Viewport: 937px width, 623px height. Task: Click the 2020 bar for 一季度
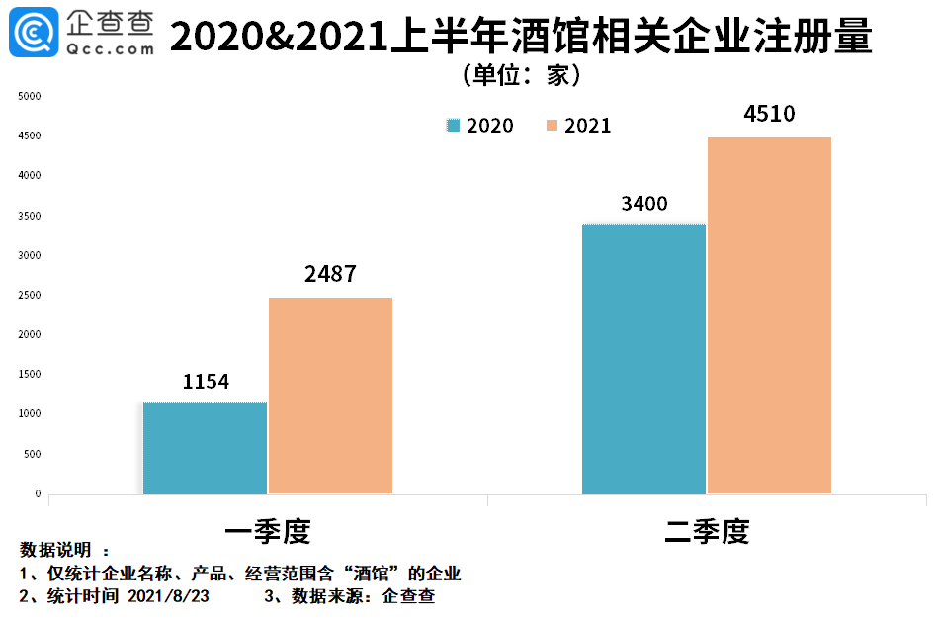205,448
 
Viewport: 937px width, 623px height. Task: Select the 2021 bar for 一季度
330,396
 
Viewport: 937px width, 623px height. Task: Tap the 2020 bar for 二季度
643,359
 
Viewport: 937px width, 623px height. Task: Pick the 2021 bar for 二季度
769,315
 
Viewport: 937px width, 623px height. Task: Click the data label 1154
206,382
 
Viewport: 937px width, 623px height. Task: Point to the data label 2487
330,275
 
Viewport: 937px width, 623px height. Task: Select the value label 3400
644,204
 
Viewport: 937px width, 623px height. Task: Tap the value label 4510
769,115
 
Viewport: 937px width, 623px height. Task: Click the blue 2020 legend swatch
455,126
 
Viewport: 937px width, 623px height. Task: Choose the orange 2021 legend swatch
552,126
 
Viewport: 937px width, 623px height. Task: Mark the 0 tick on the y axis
38,493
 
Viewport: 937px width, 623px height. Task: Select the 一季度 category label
268,532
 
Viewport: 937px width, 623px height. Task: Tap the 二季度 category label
707,532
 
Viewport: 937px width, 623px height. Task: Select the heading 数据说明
55,550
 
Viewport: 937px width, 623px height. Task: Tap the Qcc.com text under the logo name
112,48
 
